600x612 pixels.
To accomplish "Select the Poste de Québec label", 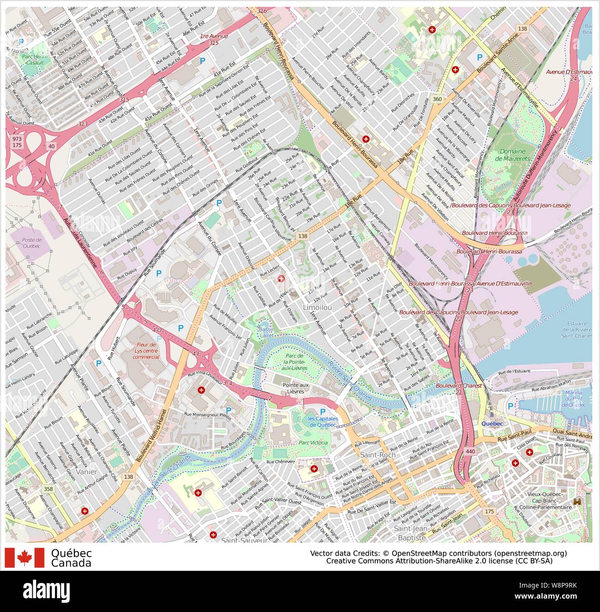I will tap(32, 243).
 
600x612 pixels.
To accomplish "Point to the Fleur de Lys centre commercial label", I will tap(148, 350).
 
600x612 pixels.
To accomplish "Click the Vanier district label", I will tap(88, 472).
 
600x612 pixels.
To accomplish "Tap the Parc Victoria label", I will tap(313, 443).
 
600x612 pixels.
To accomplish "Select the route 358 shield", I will tap(47, 489).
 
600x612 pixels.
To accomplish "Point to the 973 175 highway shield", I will tap(17, 142).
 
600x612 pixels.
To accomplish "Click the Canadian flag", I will tap(24, 558).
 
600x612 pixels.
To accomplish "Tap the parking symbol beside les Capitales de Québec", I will tap(323, 412).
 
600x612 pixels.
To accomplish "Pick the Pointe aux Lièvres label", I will tap(296, 388).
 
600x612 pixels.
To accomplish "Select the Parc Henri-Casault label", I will tap(32, 59).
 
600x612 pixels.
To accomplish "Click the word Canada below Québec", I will tap(71, 563).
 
